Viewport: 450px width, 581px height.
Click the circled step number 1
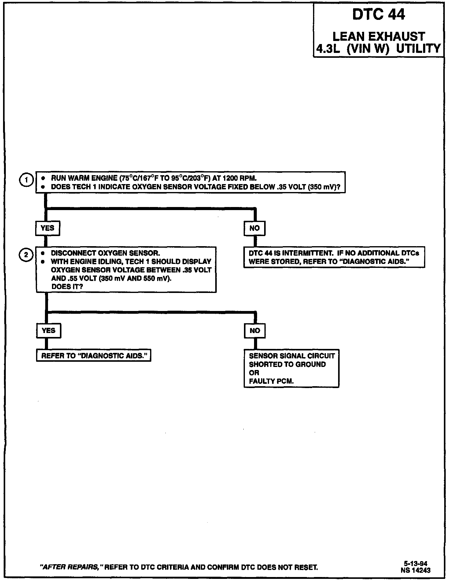point(27,180)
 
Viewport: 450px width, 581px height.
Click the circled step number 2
point(26,255)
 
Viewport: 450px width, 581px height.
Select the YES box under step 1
point(47,228)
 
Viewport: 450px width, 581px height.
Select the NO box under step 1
point(254,228)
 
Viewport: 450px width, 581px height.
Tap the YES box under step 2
point(48,331)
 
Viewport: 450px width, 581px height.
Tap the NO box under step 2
point(255,331)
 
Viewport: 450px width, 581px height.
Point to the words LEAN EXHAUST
point(378,37)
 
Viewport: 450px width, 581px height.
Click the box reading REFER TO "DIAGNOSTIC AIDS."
point(93,356)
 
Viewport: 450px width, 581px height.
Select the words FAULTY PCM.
point(271,381)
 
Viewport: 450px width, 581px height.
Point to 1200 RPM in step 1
point(241,178)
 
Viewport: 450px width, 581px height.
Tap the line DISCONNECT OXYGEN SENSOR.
point(105,253)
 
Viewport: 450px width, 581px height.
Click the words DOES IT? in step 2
point(67,287)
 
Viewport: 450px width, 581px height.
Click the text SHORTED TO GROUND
point(287,365)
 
